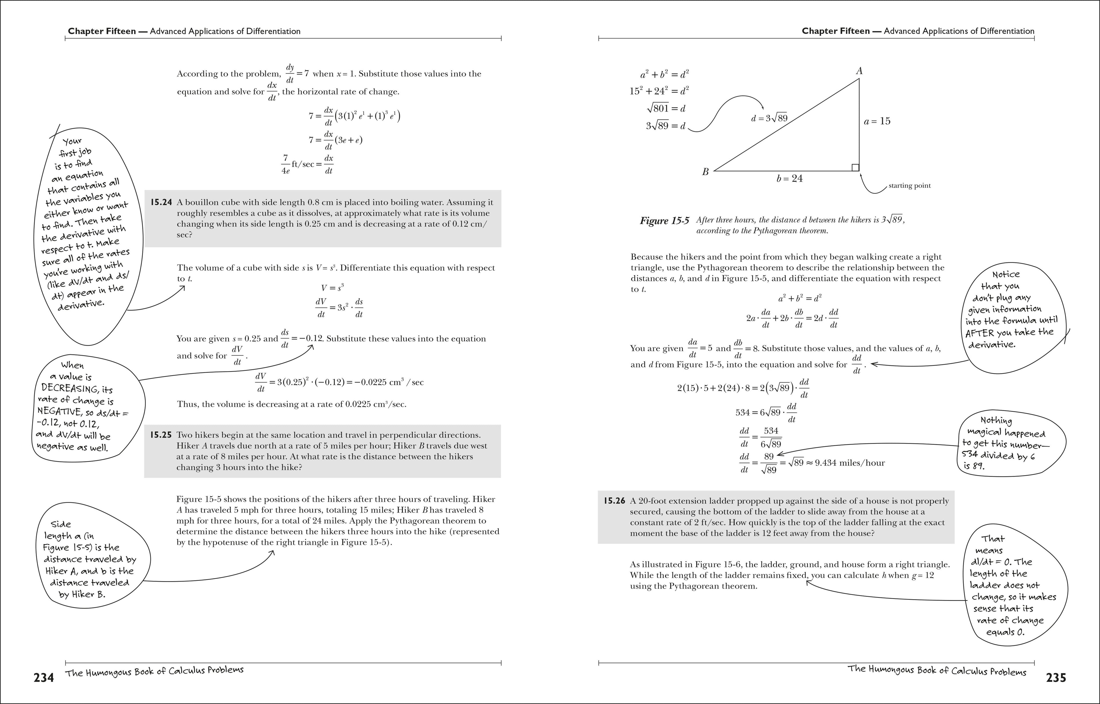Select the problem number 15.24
click(x=161, y=202)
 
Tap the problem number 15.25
click(x=161, y=435)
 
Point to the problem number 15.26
click(x=614, y=501)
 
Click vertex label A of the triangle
click(x=859, y=71)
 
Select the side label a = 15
click(x=877, y=121)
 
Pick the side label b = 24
click(x=789, y=179)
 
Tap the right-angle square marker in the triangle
click(x=855, y=168)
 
